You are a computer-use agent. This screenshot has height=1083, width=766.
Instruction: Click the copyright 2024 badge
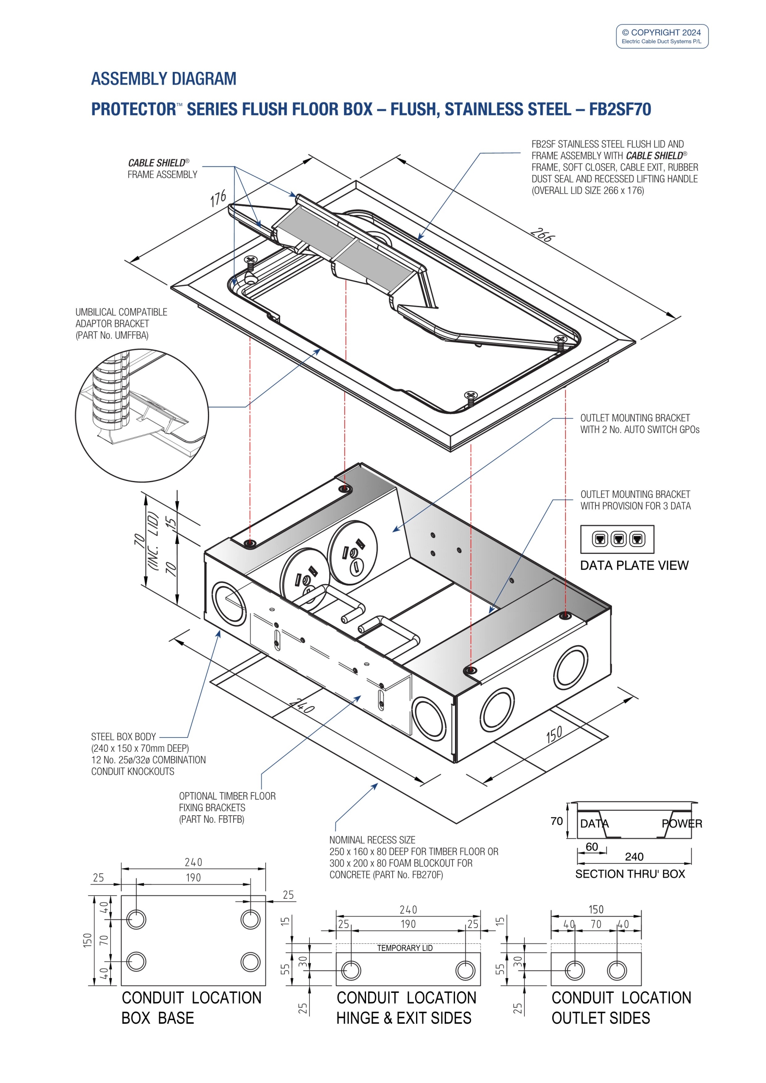tap(662, 36)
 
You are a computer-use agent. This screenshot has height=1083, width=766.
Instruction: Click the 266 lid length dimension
tap(542, 234)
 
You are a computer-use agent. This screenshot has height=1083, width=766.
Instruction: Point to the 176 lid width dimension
tap(218, 198)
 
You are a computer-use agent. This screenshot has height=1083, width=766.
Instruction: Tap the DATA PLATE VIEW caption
tap(634, 565)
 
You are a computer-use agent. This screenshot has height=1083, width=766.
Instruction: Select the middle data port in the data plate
tap(618, 539)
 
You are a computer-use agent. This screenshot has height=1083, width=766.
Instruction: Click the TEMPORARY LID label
tap(405, 948)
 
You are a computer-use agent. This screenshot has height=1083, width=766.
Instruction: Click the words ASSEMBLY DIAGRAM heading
tap(163, 79)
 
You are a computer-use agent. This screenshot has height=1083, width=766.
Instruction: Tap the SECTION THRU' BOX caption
tap(630, 874)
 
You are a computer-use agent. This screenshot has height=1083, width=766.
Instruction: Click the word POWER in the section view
tap(681, 824)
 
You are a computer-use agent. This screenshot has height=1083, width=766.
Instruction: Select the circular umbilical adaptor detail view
tap(142, 415)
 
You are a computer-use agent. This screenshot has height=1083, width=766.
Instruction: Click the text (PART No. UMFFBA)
tap(112, 335)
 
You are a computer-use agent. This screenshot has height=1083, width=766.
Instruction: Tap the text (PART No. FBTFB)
tap(212, 819)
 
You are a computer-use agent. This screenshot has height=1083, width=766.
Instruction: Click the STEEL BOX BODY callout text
tap(123, 737)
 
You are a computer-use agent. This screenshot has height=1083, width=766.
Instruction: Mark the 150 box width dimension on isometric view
tap(554, 734)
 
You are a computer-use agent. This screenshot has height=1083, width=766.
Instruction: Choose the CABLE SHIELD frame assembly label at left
tap(162, 168)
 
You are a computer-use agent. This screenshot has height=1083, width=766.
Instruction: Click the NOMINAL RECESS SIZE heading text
tap(372, 840)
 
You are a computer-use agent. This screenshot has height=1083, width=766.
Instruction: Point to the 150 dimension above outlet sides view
tap(595, 910)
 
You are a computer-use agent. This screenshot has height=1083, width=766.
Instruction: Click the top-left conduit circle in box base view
tap(136, 919)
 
